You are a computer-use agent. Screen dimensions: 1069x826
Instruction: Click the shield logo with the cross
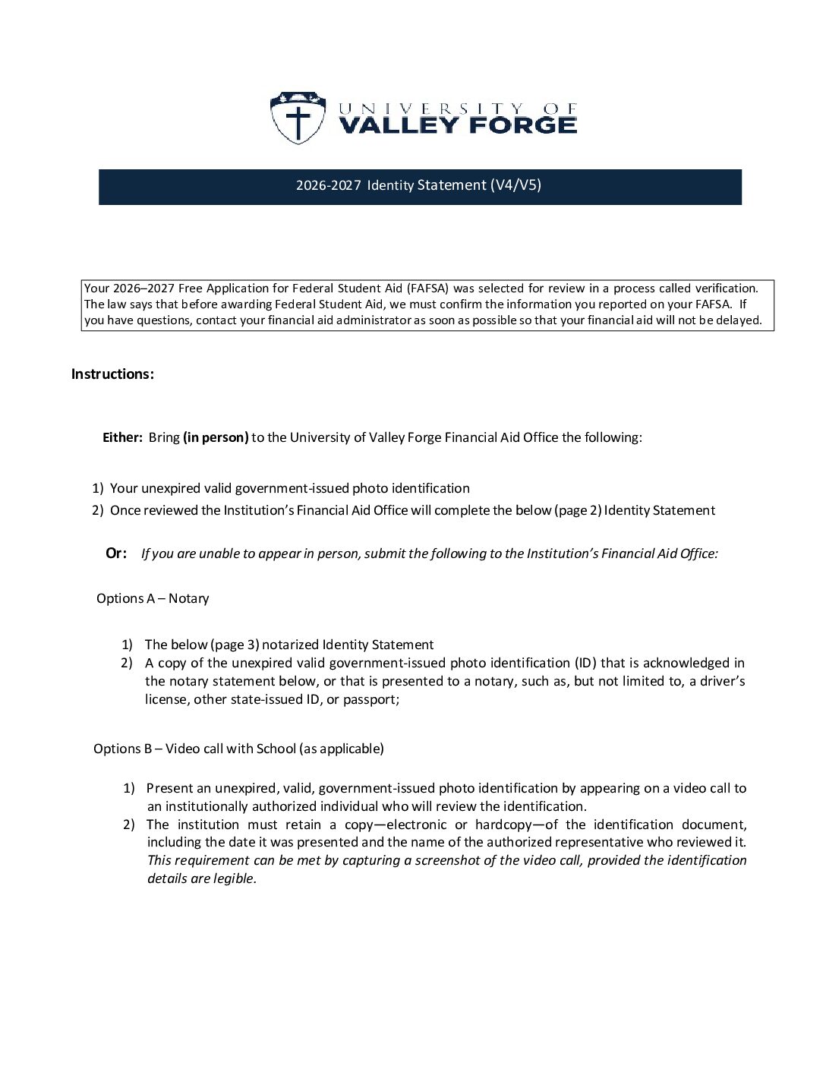(297, 118)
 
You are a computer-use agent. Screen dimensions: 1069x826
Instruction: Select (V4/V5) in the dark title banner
(515, 185)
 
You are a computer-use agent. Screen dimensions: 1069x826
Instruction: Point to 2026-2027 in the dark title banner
(328, 185)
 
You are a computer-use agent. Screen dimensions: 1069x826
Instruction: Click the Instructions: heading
(112, 374)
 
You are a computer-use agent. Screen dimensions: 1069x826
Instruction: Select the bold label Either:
(122, 437)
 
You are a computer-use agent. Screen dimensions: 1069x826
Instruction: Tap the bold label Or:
(116, 553)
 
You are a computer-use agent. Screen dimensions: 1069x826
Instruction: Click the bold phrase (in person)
(216, 437)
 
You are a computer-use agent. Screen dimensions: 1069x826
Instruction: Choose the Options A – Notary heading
(153, 598)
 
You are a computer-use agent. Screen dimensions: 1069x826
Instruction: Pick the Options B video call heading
(238, 749)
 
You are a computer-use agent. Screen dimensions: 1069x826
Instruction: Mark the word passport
(370, 699)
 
